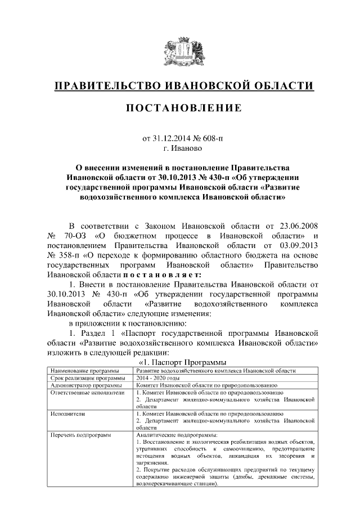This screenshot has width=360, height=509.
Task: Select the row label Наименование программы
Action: (x=85, y=371)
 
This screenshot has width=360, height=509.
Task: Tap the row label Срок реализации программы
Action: (x=84, y=379)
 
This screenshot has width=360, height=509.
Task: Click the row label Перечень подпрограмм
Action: (x=81, y=435)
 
